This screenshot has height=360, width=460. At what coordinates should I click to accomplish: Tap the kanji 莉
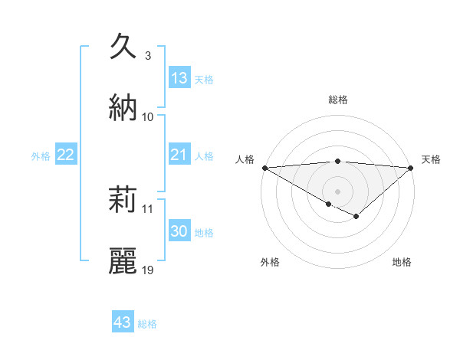(x=123, y=201)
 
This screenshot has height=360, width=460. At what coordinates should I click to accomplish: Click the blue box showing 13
(x=179, y=77)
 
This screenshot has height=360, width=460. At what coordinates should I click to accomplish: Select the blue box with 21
(x=179, y=155)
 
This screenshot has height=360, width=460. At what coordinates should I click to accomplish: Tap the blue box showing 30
(x=179, y=231)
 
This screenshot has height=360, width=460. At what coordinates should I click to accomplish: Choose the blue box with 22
(x=66, y=155)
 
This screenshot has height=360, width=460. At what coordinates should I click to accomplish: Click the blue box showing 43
(x=123, y=322)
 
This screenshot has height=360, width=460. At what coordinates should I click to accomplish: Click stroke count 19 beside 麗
(x=148, y=270)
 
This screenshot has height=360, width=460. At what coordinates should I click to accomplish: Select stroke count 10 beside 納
(x=148, y=116)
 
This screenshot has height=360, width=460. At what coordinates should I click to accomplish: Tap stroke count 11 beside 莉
(x=148, y=208)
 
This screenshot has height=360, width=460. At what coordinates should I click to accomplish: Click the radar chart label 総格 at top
(x=338, y=100)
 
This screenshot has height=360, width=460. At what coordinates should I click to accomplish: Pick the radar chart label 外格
(x=270, y=262)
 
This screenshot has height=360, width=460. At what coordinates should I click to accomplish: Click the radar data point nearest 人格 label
(x=264, y=167)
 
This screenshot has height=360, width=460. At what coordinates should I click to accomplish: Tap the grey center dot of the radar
(x=337, y=191)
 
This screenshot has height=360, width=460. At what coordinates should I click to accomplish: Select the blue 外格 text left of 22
(x=41, y=155)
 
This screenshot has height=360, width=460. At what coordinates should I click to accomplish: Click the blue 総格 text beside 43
(x=147, y=324)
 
